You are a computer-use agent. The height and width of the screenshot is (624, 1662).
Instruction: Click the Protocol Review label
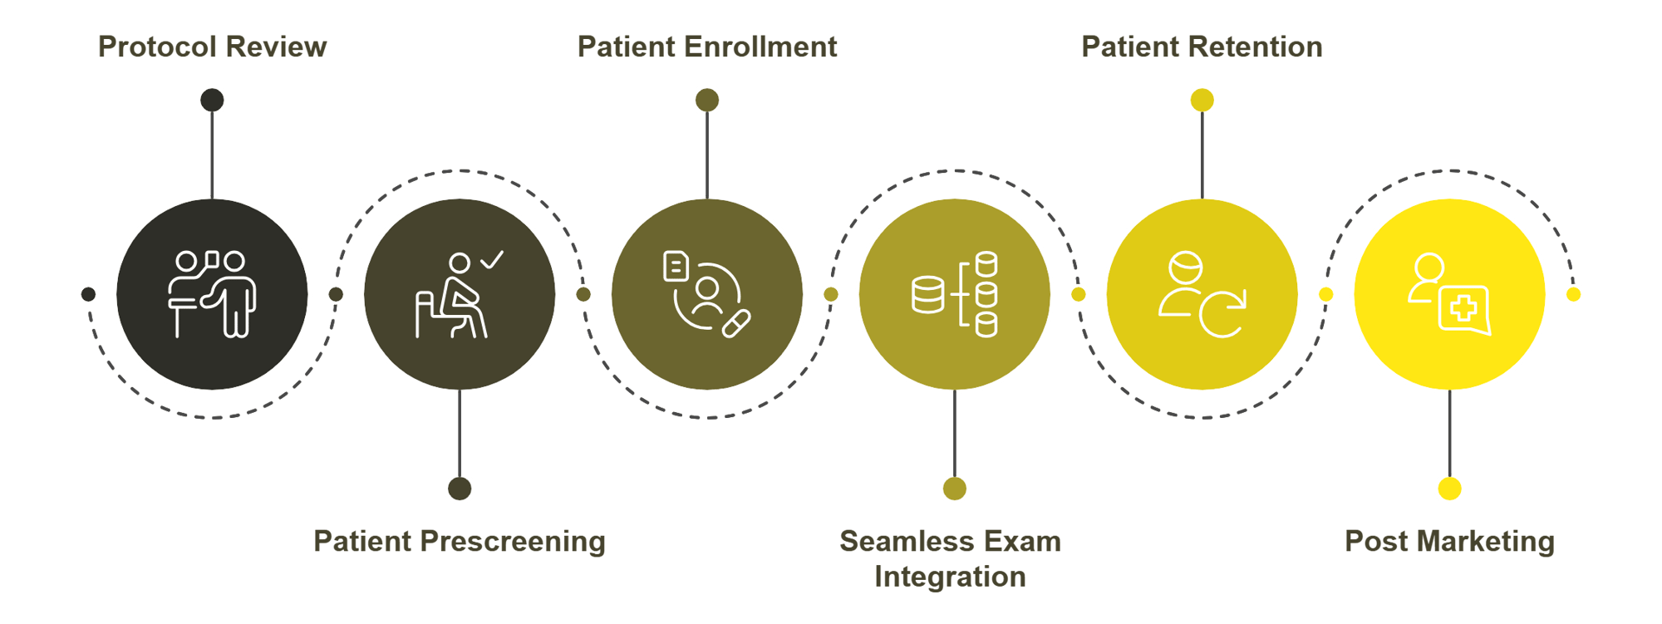[x=212, y=47]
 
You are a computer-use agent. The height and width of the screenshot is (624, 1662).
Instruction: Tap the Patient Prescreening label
[x=460, y=542]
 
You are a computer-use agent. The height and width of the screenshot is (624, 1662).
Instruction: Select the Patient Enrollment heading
[x=706, y=47]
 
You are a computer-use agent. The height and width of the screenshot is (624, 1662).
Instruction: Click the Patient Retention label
[x=1202, y=47]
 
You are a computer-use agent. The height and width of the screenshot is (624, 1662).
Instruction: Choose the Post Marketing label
[x=1449, y=542]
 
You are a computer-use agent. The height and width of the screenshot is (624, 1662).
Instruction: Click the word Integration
[x=950, y=577]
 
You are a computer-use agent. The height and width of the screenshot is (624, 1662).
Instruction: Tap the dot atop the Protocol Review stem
[x=212, y=101]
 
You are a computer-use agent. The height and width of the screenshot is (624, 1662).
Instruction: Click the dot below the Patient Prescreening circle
[x=460, y=489]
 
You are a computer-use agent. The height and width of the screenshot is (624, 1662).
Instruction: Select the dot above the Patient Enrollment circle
[x=707, y=101]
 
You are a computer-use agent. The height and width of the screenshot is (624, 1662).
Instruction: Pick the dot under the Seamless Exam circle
[x=955, y=489]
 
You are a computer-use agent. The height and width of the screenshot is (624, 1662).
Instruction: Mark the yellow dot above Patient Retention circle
[x=1202, y=101]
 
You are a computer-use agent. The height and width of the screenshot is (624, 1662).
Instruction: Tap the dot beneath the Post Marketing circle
[x=1450, y=489]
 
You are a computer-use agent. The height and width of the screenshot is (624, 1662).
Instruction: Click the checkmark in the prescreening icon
[x=492, y=260]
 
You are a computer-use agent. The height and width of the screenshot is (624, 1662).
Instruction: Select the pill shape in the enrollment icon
[x=736, y=323]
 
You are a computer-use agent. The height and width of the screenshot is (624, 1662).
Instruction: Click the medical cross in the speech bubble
[x=1463, y=309]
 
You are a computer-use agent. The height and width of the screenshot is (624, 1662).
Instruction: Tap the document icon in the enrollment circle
[x=676, y=267]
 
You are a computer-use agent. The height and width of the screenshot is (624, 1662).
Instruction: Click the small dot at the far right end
[x=1574, y=294]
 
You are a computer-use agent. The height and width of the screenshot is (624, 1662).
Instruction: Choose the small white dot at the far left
[x=87, y=294]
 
